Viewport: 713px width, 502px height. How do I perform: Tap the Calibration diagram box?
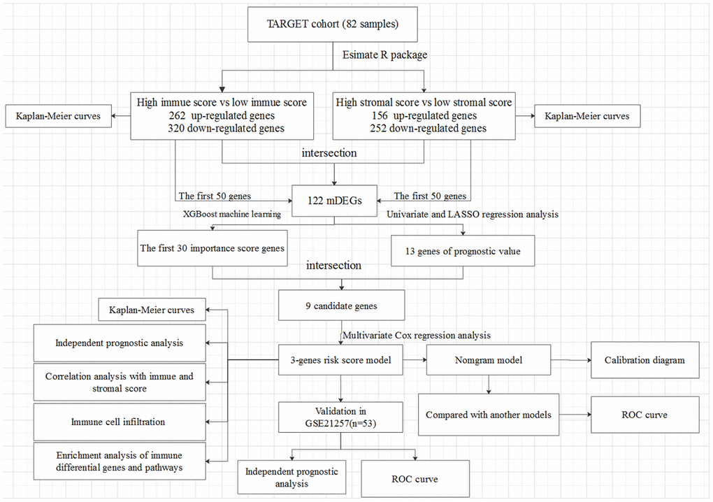644,360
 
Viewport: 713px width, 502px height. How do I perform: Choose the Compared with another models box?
489,414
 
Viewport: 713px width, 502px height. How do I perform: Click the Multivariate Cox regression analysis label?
416,336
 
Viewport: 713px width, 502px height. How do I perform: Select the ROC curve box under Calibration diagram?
644,414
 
